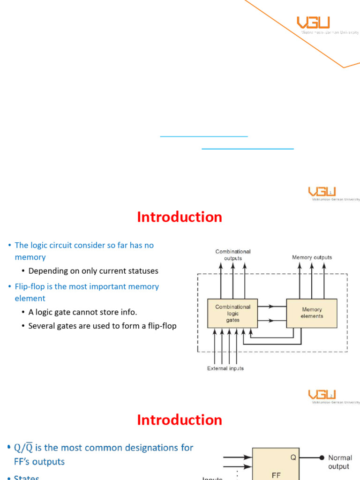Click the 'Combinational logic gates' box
tap(232, 313)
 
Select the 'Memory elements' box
tap(312, 313)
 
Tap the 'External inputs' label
tap(225, 368)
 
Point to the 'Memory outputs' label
tap(312, 257)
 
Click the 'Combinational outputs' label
tap(233, 255)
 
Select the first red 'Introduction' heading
tap(180, 217)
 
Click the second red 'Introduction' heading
tap(180, 420)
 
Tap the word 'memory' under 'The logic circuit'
tap(30, 257)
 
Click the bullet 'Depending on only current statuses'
tap(93, 271)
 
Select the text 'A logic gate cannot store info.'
tap(82, 312)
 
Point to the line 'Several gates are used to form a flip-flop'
tap(102, 325)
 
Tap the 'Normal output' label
tap(340, 462)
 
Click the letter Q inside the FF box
tap(293, 457)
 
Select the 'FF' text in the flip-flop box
tap(276, 475)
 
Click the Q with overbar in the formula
tap(29, 448)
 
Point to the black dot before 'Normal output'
tap(322, 457)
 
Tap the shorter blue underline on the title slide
tap(204, 136)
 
